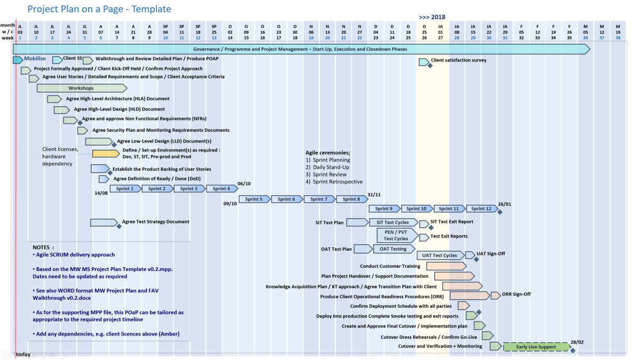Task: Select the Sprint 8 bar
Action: (351, 199)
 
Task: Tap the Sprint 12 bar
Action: (482, 209)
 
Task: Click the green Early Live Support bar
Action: (536, 347)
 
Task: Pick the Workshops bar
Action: (81, 88)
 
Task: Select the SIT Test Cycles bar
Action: (393, 222)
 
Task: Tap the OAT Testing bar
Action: (394, 249)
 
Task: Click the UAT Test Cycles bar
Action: (439, 255)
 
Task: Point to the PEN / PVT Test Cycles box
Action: (396, 235)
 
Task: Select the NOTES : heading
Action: (43, 247)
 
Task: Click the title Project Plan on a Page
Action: (99, 9)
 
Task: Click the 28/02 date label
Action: (577, 342)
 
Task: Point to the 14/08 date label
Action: (101, 193)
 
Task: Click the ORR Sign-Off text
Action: (516, 294)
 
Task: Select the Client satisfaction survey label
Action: (459, 60)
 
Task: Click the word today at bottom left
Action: (23, 355)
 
